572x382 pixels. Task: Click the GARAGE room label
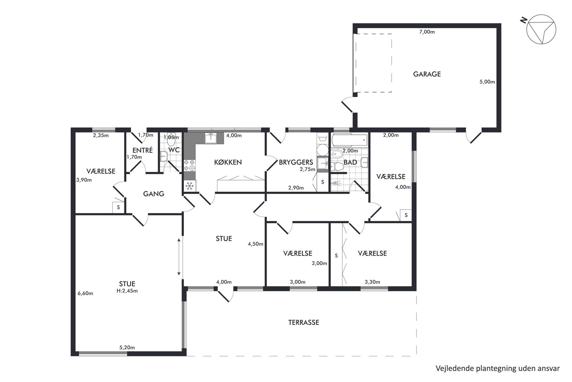pyautogui.click(x=427, y=74)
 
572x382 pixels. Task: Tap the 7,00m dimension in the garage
pyautogui.click(x=427, y=32)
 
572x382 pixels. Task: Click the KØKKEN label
pyautogui.click(x=228, y=162)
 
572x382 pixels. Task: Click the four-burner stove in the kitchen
pyautogui.click(x=189, y=165)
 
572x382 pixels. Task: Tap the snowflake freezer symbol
pyautogui.click(x=189, y=186)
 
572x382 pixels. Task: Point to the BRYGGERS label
pyautogui.click(x=296, y=162)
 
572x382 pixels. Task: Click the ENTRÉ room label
pyautogui.click(x=142, y=150)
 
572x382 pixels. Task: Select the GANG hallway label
pyautogui.click(x=154, y=194)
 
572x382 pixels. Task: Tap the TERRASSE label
pyautogui.click(x=304, y=323)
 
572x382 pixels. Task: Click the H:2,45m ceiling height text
pyautogui.click(x=127, y=291)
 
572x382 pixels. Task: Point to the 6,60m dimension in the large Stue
pyautogui.click(x=85, y=294)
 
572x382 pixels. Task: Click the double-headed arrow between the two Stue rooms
pyautogui.click(x=179, y=257)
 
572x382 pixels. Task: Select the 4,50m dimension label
pyautogui.click(x=255, y=244)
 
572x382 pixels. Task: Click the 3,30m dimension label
pyautogui.click(x=372, y=282)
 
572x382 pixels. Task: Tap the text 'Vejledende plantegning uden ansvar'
pyautogui.click(x=498, y=368)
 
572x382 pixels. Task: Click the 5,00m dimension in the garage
pyautogui.click(x=487, y=82)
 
